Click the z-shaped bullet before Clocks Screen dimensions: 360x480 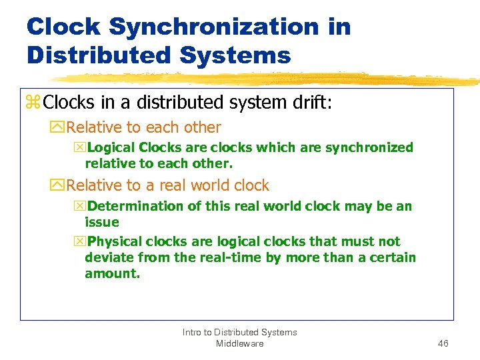pyautogui.click(x=33, y=103)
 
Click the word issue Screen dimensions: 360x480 pyautogui.click(x=102, y=222)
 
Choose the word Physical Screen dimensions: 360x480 pyautogui.click(x=115, y=241)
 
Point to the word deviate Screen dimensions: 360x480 pyautogui.click(x=108, y=257)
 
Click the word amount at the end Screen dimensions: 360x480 pyautogui.click(x=111, y=273)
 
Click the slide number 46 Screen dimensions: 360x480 pyautogui.click(x=443, y=343)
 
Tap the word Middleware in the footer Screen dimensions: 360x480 pyautogui.click(x=240, y=343)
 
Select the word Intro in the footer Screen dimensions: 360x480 pyautogui.click(x=193, y=332)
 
